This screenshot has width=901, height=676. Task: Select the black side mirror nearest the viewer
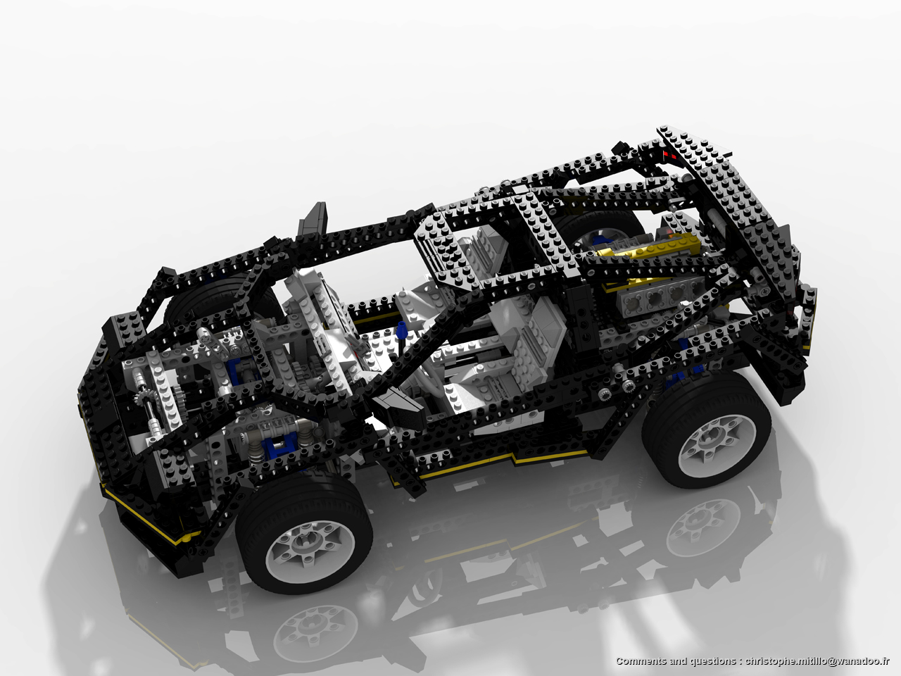click(399, 412)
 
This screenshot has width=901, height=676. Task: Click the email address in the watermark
click(817, 661)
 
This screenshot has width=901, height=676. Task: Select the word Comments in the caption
click(641, 661)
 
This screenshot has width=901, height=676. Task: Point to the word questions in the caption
click(710, 661)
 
